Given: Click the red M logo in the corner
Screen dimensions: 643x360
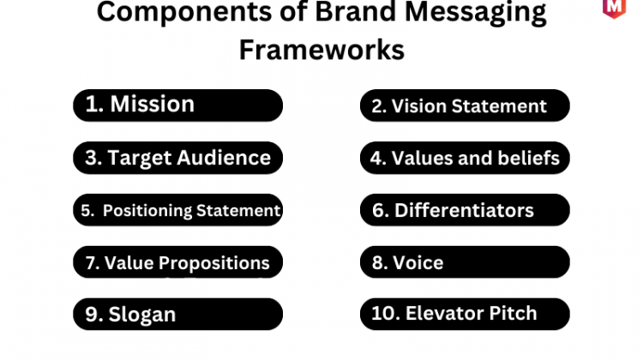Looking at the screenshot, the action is [x=614, y=9].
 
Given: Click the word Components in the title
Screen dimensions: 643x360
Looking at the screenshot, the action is [x=184, y=11].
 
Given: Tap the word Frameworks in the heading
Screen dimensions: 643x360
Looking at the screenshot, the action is [x=321, y=50].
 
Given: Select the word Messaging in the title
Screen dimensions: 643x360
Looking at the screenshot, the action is [x=475, y=13].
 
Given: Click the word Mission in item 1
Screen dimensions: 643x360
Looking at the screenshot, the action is [x=152, y=104].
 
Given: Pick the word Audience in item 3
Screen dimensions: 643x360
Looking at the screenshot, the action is [x=224, y=158].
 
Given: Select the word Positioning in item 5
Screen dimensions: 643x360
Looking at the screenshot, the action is [x=147, y=211].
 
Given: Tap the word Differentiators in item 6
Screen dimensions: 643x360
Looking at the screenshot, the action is [x=464, y=210].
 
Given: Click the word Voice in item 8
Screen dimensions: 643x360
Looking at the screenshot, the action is [x=418, y=263].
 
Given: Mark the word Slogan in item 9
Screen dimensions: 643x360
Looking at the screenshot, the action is [x=141, y=315].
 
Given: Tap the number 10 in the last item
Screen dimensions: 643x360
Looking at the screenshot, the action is [x=383, y=313].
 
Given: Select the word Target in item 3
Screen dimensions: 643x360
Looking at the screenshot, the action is [x=140, y=159].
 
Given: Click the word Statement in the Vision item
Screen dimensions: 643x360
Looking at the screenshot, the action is [x=499, y=106].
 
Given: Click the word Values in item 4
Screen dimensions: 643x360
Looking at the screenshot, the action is [x=422, y=158].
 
